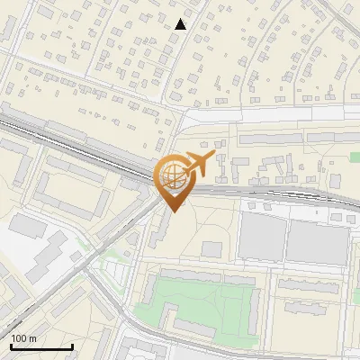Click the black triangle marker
tap(181, 24)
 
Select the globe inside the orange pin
tap(173, 176)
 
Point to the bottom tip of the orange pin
tap(173, 211)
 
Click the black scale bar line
tap(41, 347)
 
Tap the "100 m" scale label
tap(23, 339)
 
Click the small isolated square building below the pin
tap(211, 248)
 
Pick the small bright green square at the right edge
tap(355, 157)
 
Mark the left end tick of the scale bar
tap(10, 346)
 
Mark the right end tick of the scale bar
tap(72, 346)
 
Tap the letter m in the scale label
tap(32, 339)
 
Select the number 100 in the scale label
tap(19, 339)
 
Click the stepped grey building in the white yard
tap(40, 256)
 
